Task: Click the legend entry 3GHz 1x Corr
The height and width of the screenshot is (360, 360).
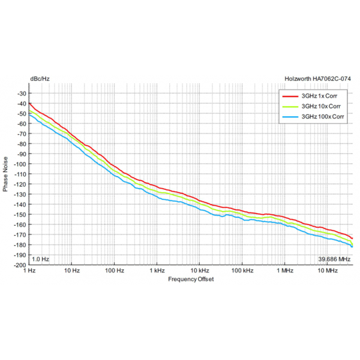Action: coord(318,95)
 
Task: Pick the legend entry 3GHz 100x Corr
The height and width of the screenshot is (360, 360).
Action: coord(321,117)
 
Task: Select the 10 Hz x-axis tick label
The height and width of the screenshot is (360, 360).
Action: coord(71,271)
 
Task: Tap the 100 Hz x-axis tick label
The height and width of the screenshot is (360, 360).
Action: coord(114,271)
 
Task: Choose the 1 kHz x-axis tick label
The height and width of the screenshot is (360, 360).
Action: coord(157,271)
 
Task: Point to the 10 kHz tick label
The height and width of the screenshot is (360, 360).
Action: coord(200,271)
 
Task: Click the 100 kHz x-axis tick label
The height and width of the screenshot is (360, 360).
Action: coord(243,271)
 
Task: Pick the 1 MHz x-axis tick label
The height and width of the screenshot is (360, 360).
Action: coord(285,271)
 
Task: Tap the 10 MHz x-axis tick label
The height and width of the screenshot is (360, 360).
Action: coord(328,271)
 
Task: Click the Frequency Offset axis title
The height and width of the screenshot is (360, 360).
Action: coord(190,279)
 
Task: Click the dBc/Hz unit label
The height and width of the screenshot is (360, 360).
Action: coord(39,78)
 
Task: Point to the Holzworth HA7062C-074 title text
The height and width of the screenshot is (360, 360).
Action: coord(318,78)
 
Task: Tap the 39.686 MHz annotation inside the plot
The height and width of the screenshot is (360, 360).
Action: coord(333,259)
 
